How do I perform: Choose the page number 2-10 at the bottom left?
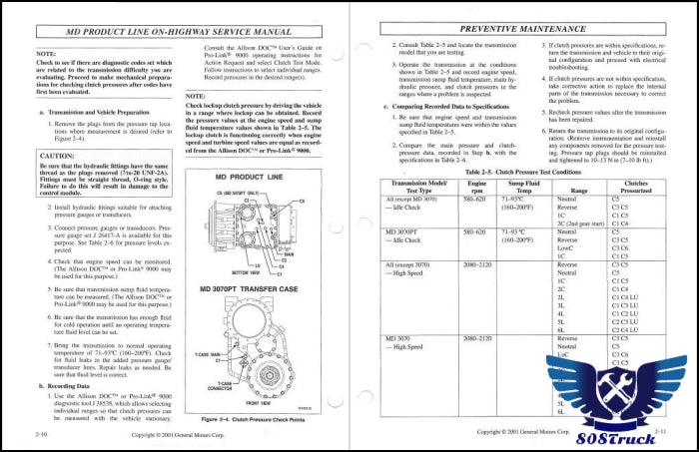point(43,435)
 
